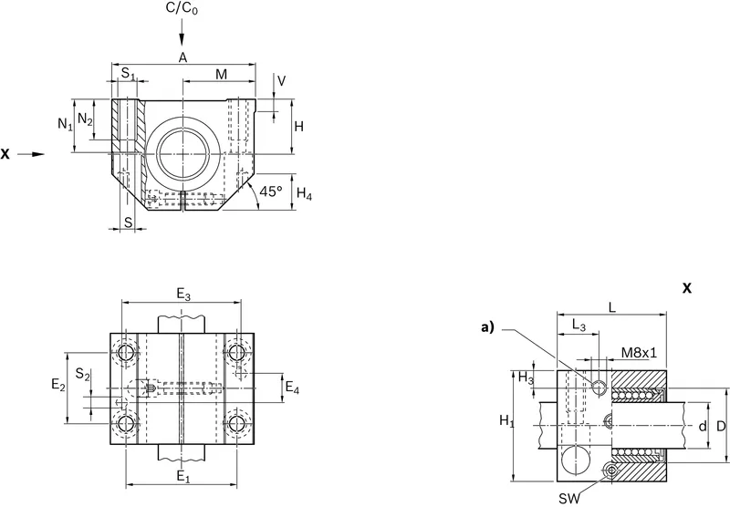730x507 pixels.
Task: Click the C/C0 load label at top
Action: coord(182,9)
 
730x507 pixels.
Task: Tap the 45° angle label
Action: coord(271,191)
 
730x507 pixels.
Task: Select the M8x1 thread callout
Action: coord(640,353)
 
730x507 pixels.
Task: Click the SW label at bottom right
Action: coord(569,499)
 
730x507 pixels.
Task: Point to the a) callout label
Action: coord(487,328)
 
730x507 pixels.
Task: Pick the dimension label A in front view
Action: coord(183,57)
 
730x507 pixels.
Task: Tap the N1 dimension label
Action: coord(65,124)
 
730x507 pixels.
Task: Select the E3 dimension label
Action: coord(183,294)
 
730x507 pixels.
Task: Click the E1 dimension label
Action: coord(183,477)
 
